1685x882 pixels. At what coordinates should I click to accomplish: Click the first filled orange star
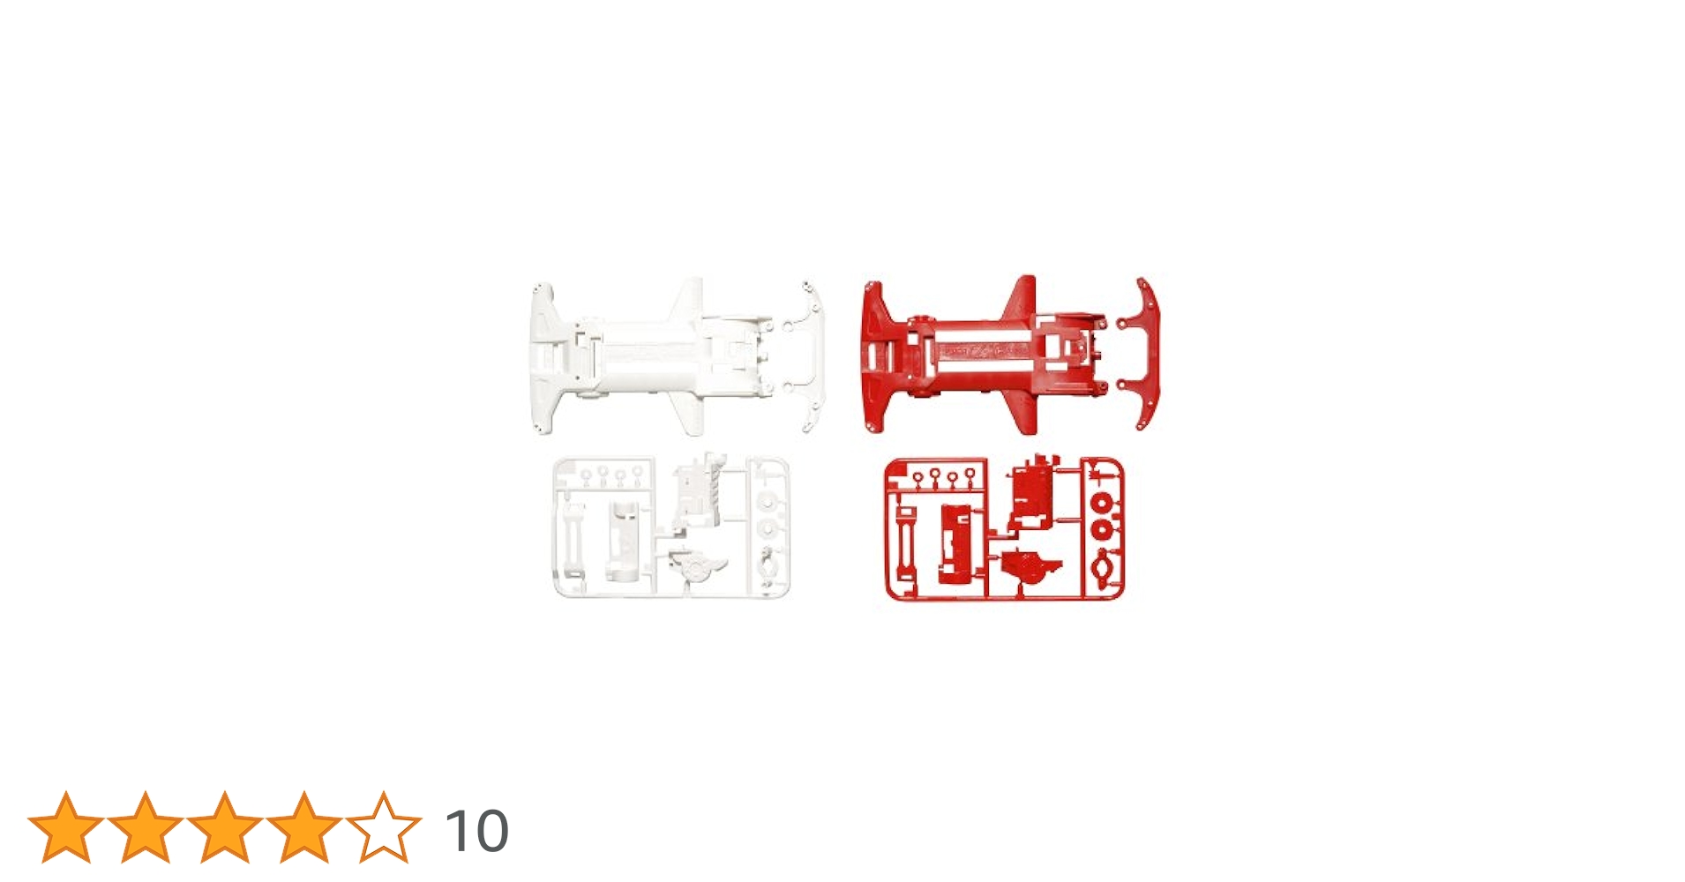coord(66,827)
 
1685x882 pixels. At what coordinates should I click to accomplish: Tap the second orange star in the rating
coord(146,827)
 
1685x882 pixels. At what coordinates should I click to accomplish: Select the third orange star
coord(225,827)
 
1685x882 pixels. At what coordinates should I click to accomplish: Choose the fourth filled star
coord(304,827)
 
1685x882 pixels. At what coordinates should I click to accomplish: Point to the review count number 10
coord(476,831)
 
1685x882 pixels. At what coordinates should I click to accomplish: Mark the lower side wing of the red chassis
coord(1023,413)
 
